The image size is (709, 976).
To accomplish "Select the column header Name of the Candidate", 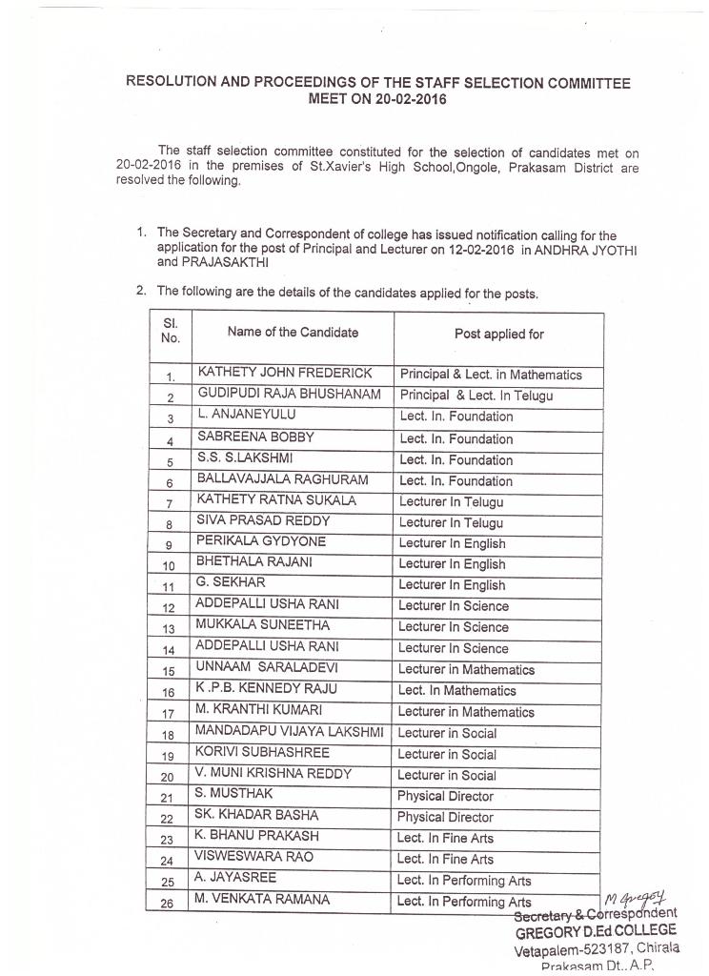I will [x=293, y=333].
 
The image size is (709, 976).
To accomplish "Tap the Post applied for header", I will [x=498, y=335].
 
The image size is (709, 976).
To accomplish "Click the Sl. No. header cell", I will [x=171, y=331].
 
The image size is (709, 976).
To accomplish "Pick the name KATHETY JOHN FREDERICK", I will [x=284, y=373].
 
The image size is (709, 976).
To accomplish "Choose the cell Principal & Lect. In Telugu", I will [x=476, y=396].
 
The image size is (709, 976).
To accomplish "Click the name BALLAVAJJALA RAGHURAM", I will [x=282, y=479].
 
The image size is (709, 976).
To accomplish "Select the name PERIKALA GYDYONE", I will [x=260, y=541].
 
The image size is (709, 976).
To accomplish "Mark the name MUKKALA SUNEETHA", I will [x=263, y=625].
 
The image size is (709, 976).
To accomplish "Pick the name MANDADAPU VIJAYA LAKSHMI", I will [x=289, y=731].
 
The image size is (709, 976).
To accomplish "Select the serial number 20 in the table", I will [x=168, y=777].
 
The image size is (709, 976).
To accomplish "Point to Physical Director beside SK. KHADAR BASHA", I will [x=445, y=818].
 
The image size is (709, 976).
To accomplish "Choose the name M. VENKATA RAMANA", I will [x=262, y=899].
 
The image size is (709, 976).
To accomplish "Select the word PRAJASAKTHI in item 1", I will [x=201, y=262].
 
